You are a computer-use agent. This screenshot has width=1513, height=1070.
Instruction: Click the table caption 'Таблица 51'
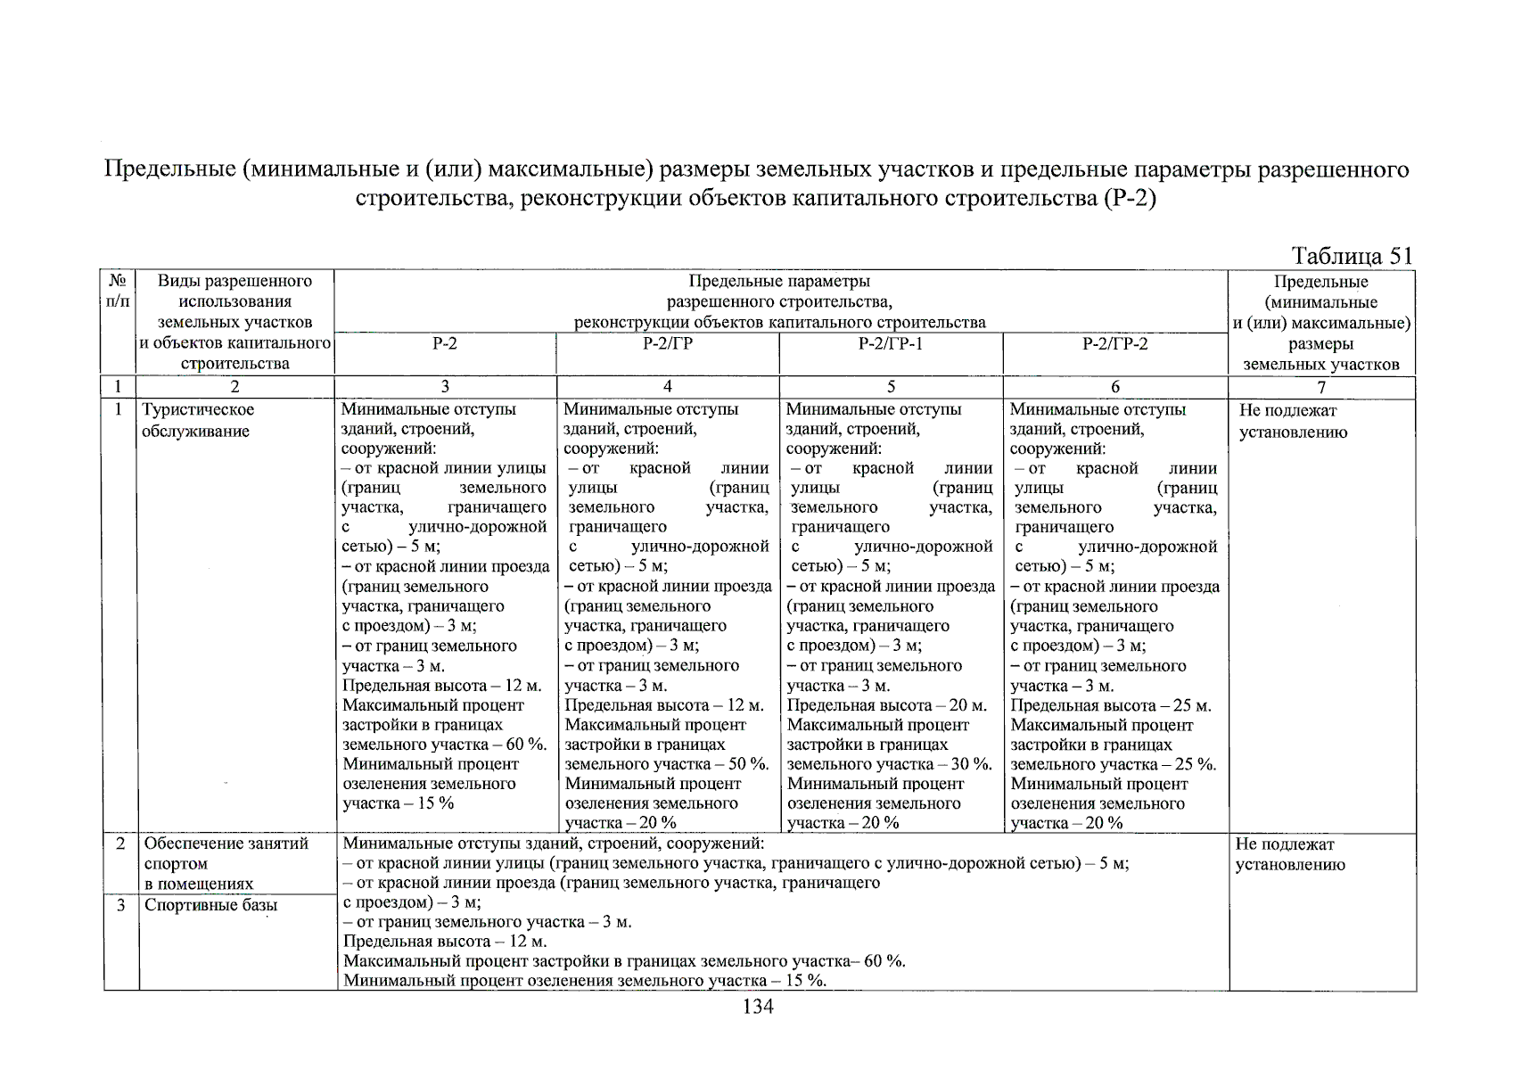click(x=1352, y=257)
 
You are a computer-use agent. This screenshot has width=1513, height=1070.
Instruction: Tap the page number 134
click(x=757, y=1007)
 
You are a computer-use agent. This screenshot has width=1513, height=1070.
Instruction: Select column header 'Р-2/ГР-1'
click(x=890, y=344)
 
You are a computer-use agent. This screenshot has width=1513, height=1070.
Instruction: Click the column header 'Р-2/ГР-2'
click(x=1114, y=344)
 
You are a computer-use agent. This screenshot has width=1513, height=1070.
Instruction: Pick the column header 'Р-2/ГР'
click(x=667, y=344)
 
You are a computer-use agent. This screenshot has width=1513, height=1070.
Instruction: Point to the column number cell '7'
click(x=1321, y=387)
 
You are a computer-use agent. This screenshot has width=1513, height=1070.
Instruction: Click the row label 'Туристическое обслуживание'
click(x=199, y=420)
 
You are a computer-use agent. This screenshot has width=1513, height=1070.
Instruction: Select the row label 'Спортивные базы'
click(x=211, y=905)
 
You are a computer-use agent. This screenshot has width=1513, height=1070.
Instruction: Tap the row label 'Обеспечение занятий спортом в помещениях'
click(x=226, y=863)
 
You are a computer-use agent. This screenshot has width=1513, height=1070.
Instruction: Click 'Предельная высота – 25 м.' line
click(x=1110, y=705)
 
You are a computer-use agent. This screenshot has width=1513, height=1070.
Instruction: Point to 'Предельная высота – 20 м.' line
click(x=886, y=705)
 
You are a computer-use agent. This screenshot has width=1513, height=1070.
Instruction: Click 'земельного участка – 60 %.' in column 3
click(x=444, y=745)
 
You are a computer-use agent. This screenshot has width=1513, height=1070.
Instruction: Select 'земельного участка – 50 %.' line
click(x=667, y=764)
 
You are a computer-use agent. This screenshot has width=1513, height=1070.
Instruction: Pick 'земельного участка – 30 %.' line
click(x=889, y=764)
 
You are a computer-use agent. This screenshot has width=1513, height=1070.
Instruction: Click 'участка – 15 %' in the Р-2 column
click(x=398, y=803)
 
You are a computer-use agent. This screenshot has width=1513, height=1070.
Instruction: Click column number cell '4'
click(x=667, y=387)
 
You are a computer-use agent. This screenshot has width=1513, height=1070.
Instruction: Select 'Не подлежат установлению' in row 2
click(x=1289, y=854)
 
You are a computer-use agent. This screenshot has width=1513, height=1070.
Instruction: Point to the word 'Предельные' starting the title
click(x=169, y=169)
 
